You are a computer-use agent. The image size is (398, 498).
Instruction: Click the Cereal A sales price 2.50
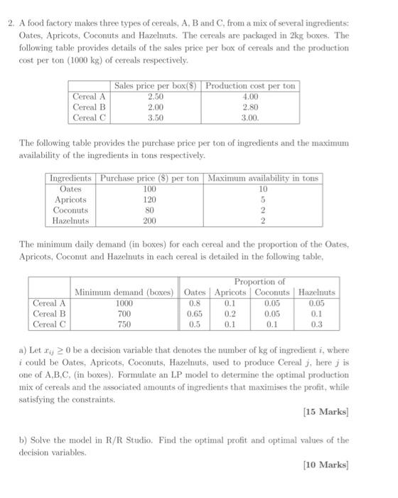154,97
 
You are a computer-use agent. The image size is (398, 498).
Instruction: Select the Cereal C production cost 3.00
249,117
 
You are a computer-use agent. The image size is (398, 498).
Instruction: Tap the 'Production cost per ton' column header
249,86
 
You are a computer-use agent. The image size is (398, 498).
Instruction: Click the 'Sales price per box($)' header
155,86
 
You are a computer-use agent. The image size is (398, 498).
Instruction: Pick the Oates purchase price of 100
149,189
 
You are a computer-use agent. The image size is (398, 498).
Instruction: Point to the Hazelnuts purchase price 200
149,221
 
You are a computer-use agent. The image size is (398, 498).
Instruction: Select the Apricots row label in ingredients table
70,200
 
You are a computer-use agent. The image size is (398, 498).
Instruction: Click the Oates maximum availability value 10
262,189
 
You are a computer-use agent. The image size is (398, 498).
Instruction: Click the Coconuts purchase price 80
149,211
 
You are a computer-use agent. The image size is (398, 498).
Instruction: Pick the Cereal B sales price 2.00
154,107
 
